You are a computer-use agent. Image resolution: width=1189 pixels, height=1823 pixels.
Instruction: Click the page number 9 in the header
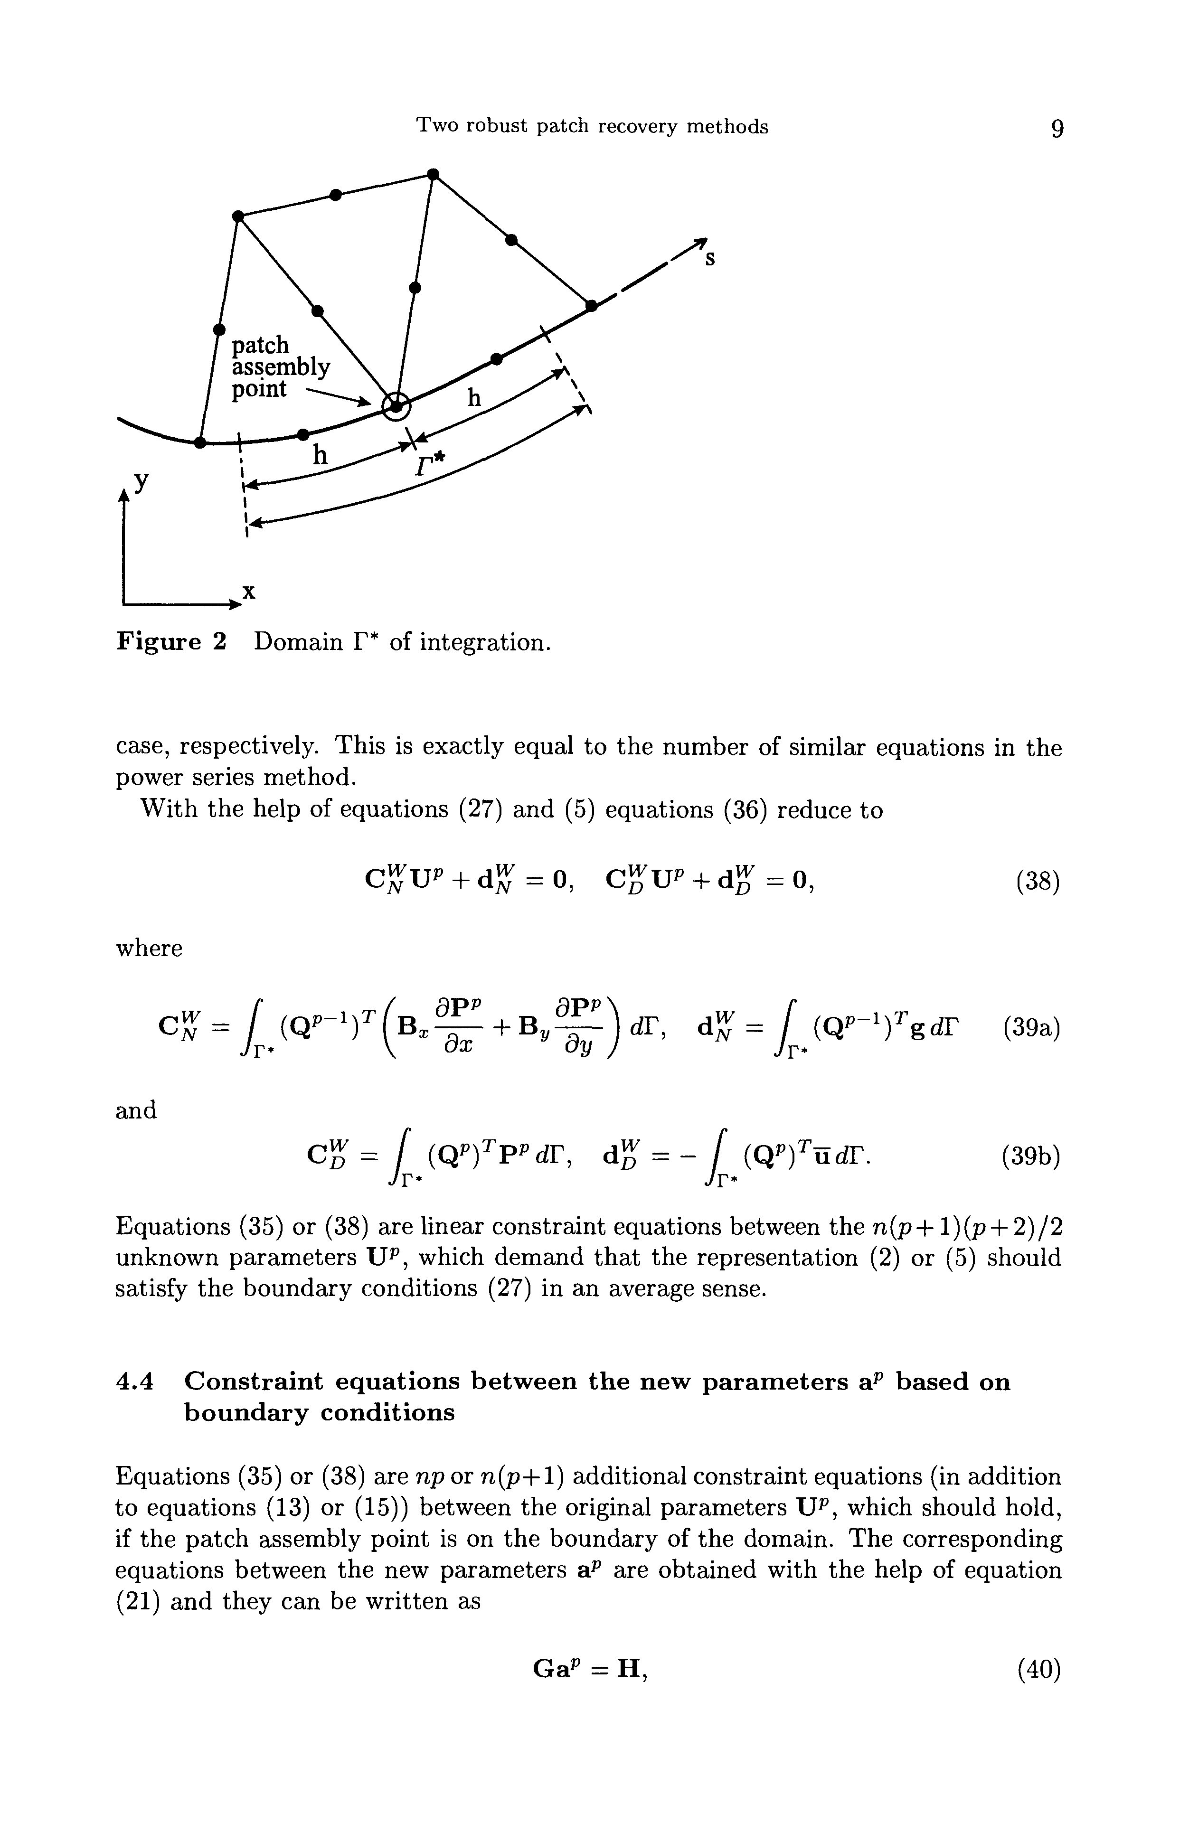[x=1057, y=128]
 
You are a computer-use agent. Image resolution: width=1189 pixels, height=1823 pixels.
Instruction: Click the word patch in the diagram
[x=261, y=346]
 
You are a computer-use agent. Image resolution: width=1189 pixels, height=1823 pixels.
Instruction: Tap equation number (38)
[x=1038, y=883]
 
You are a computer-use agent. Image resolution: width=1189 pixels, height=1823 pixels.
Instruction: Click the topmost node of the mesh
[x=433, y=175]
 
